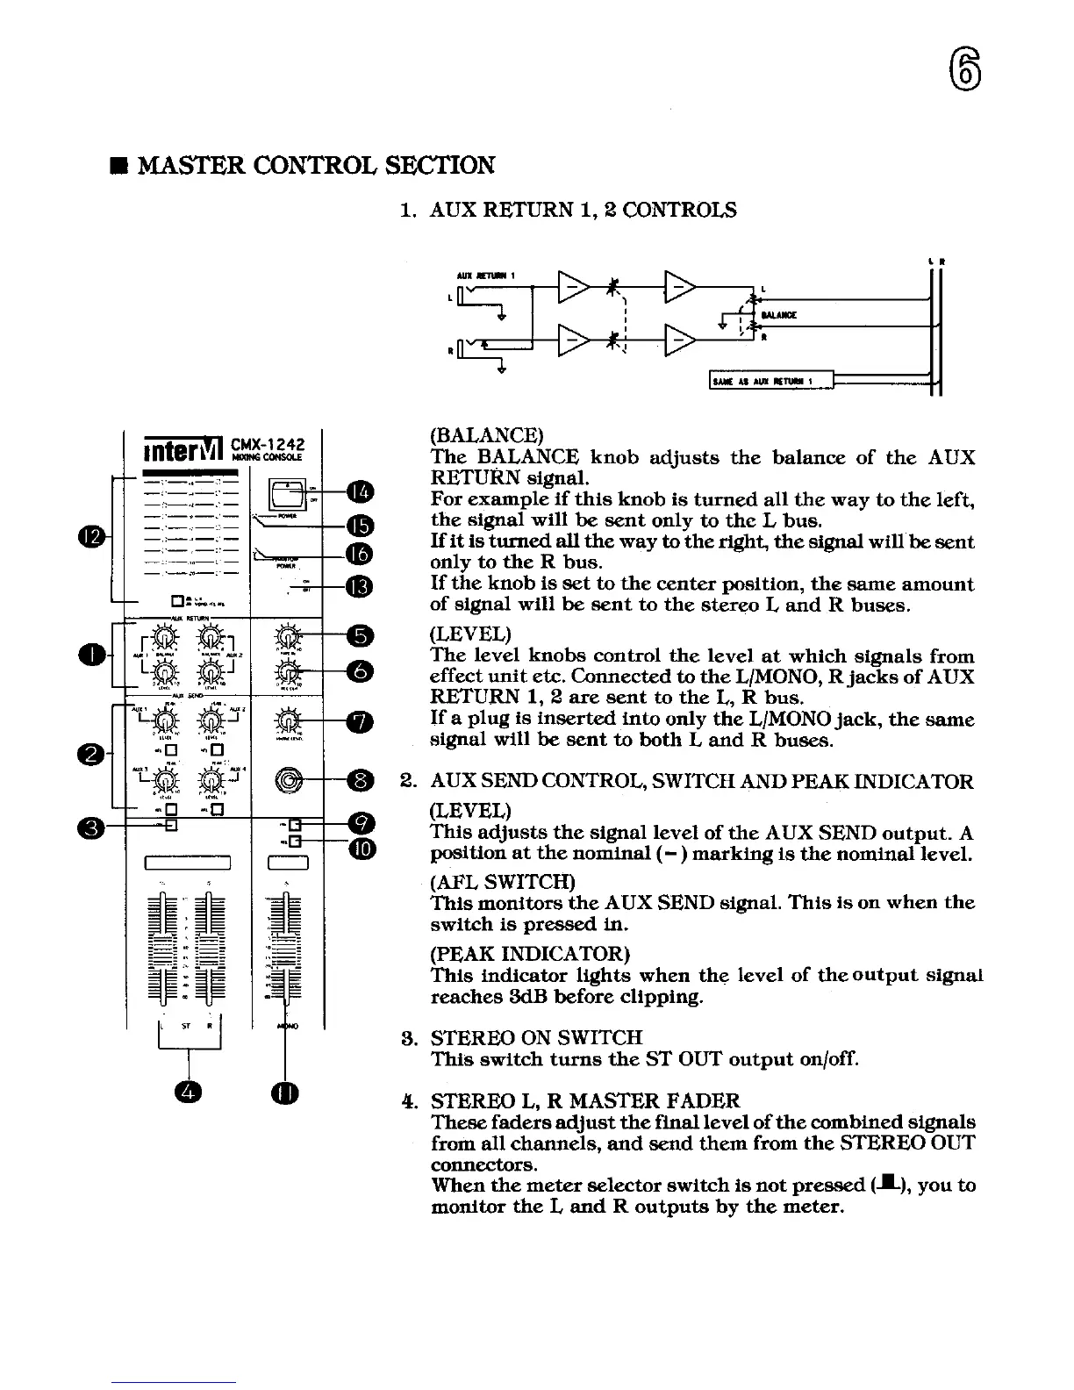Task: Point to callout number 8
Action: [x=361, y=778]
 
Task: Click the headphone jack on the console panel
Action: [x=290, y=778]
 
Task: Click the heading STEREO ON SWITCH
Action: [x=536, y=1038]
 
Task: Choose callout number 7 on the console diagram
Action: [x=361, y=721]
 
